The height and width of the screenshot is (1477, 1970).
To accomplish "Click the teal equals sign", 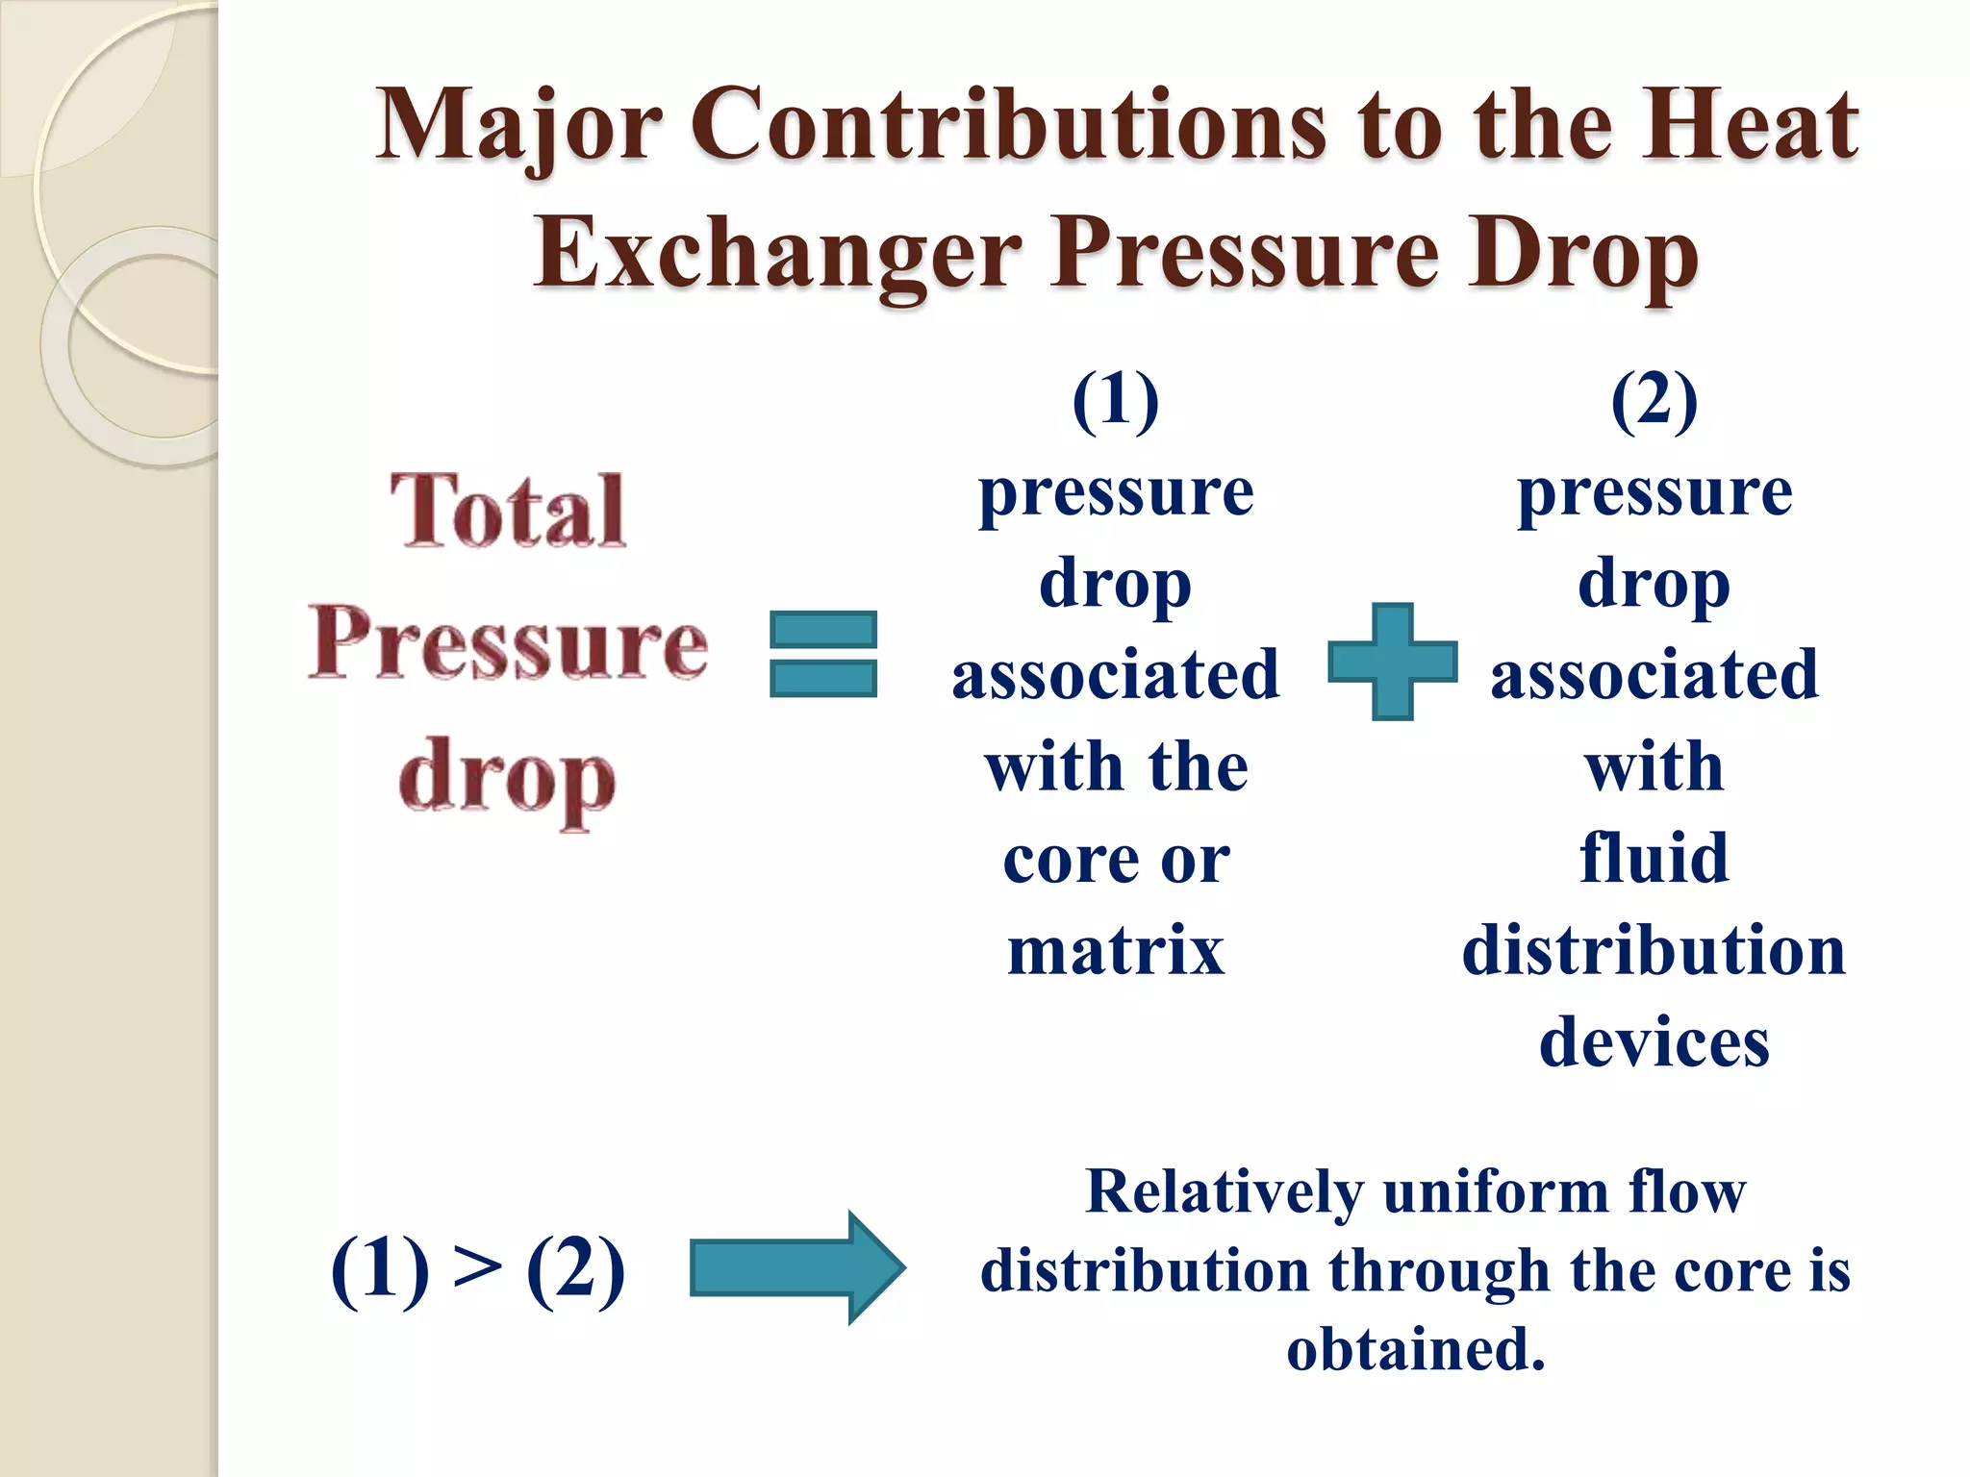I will [x=823, y=654].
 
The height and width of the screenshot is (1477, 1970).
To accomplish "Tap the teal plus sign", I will [x=1392, y=662].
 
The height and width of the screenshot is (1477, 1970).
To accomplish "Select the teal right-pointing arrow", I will [x=797, y=1267].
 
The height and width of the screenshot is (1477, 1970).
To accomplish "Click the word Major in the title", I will [x=518, y=126].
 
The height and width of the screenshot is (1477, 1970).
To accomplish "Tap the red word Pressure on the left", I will [x=509, y=642].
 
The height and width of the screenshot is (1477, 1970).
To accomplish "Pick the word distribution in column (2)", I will [x=1654, y=950].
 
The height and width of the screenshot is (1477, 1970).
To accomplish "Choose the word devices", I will [x=1654, y=1042].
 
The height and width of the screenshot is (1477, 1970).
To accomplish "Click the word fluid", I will [x=1654, y=858].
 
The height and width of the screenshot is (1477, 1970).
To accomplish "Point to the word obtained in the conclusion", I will [x=1414, y=1348].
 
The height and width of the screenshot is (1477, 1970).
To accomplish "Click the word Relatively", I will [x=1224, y=1192].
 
